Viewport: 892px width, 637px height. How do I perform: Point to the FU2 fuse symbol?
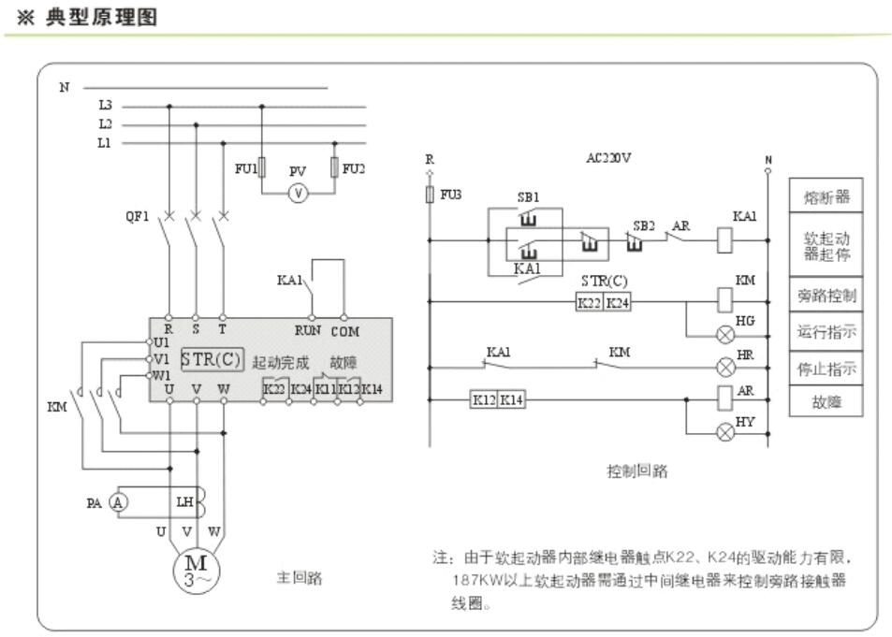pyautogui.click(x=334, y=168)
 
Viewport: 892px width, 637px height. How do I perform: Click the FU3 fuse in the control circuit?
pyautogui.click(x=430, y=195)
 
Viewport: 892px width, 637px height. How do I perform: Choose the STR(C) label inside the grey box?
pyautogui.click(x=211, y=359)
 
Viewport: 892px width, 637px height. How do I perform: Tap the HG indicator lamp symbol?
pyautogui.click(x=723, y=334)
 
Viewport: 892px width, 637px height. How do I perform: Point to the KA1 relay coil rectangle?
pyautogui.click(x=724, y=239)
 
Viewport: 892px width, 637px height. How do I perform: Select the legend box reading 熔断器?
pyautogui.click(x=826, y=198)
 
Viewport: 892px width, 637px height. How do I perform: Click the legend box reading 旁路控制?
pyautogui.click(x=826, y=296)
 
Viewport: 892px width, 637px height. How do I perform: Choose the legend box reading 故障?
pyautogui.click(x=826, y=403)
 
